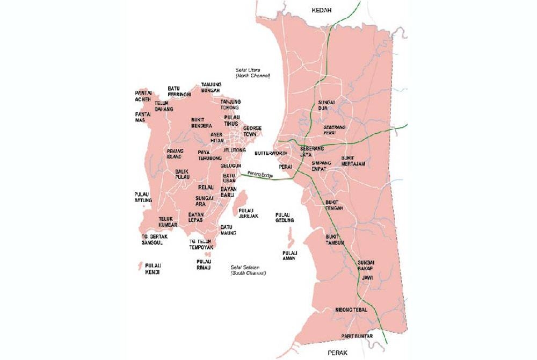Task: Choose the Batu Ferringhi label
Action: (179, 91)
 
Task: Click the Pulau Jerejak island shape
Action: (242, 199)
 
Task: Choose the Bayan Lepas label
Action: (195, 218)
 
